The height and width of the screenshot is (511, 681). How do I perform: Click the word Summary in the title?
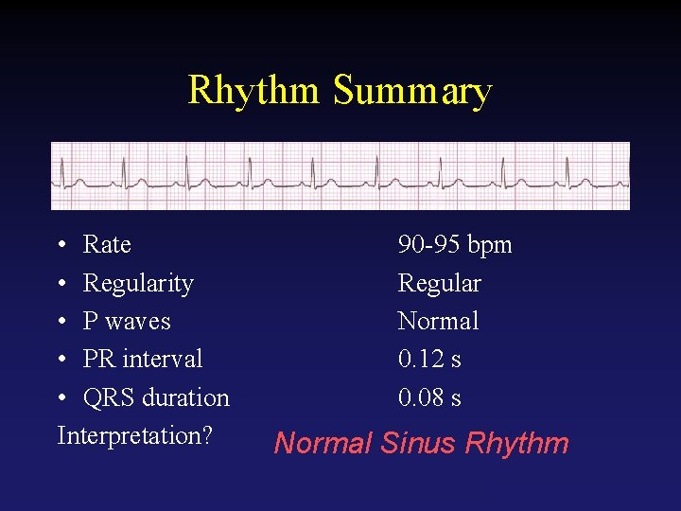click(x=412, y=91)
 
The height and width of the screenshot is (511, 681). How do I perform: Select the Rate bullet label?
click(x=107, y=245)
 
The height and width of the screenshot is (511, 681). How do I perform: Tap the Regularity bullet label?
click(x=138, y=284)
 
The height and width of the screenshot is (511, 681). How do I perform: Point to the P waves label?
click(x=127, y=322)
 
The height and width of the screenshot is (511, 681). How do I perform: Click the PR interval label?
click(x=143, y=360)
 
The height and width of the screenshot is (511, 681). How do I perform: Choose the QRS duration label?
click(x=156, y=398)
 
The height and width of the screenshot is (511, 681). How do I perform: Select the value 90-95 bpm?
click(x=455, y=245)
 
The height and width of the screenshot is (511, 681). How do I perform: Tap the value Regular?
click(x=440, y=284)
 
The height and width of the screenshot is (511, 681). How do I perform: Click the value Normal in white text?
click(x=439, y=322)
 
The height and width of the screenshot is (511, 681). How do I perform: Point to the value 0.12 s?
click(x=429, y=360)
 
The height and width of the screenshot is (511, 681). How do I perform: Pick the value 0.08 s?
click(x=429, y=398)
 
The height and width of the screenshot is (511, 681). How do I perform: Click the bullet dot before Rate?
click(x=61, y=246)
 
